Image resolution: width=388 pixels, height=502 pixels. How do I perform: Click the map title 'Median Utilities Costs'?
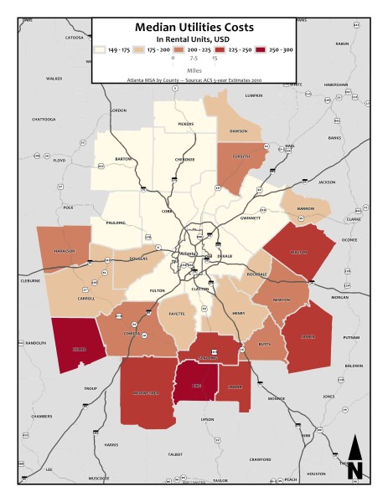(x=193, y=28)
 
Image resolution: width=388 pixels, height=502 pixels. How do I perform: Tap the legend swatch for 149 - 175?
(x=100, y=50)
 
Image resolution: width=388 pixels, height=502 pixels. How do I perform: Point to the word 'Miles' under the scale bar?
(x=193, y=69)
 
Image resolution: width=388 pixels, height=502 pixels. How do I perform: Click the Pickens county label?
(x=185, y=124)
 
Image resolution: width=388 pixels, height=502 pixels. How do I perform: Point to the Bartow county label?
(x=123, y=158)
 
